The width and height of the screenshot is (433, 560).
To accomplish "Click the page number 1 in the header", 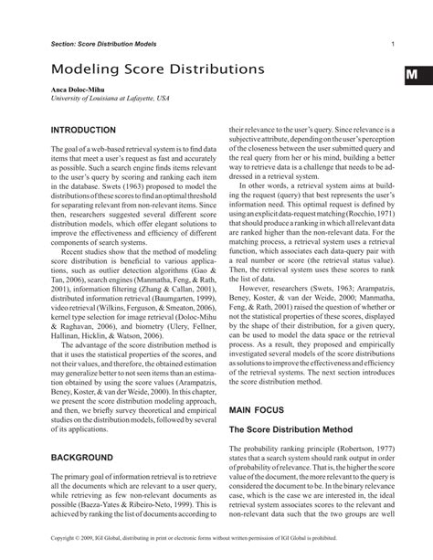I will click(392, 44).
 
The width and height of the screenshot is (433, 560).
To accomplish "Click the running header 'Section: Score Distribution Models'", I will click(103, 44).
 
